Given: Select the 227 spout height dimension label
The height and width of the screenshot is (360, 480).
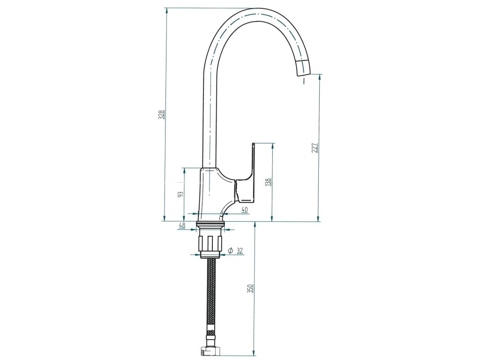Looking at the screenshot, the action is point(315,148).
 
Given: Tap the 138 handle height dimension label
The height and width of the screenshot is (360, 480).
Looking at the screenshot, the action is point(268,182).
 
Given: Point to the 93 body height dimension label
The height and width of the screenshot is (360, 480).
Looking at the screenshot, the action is point(180,195).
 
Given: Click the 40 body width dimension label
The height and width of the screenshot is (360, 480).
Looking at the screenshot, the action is point(244,210).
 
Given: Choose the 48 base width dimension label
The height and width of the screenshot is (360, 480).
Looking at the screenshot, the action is point(182,225).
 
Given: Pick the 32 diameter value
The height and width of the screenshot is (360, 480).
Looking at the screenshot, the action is point(240,250).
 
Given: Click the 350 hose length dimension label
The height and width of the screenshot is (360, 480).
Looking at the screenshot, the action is point(250,289).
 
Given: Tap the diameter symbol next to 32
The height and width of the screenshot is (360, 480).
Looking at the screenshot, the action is point(231,250).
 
